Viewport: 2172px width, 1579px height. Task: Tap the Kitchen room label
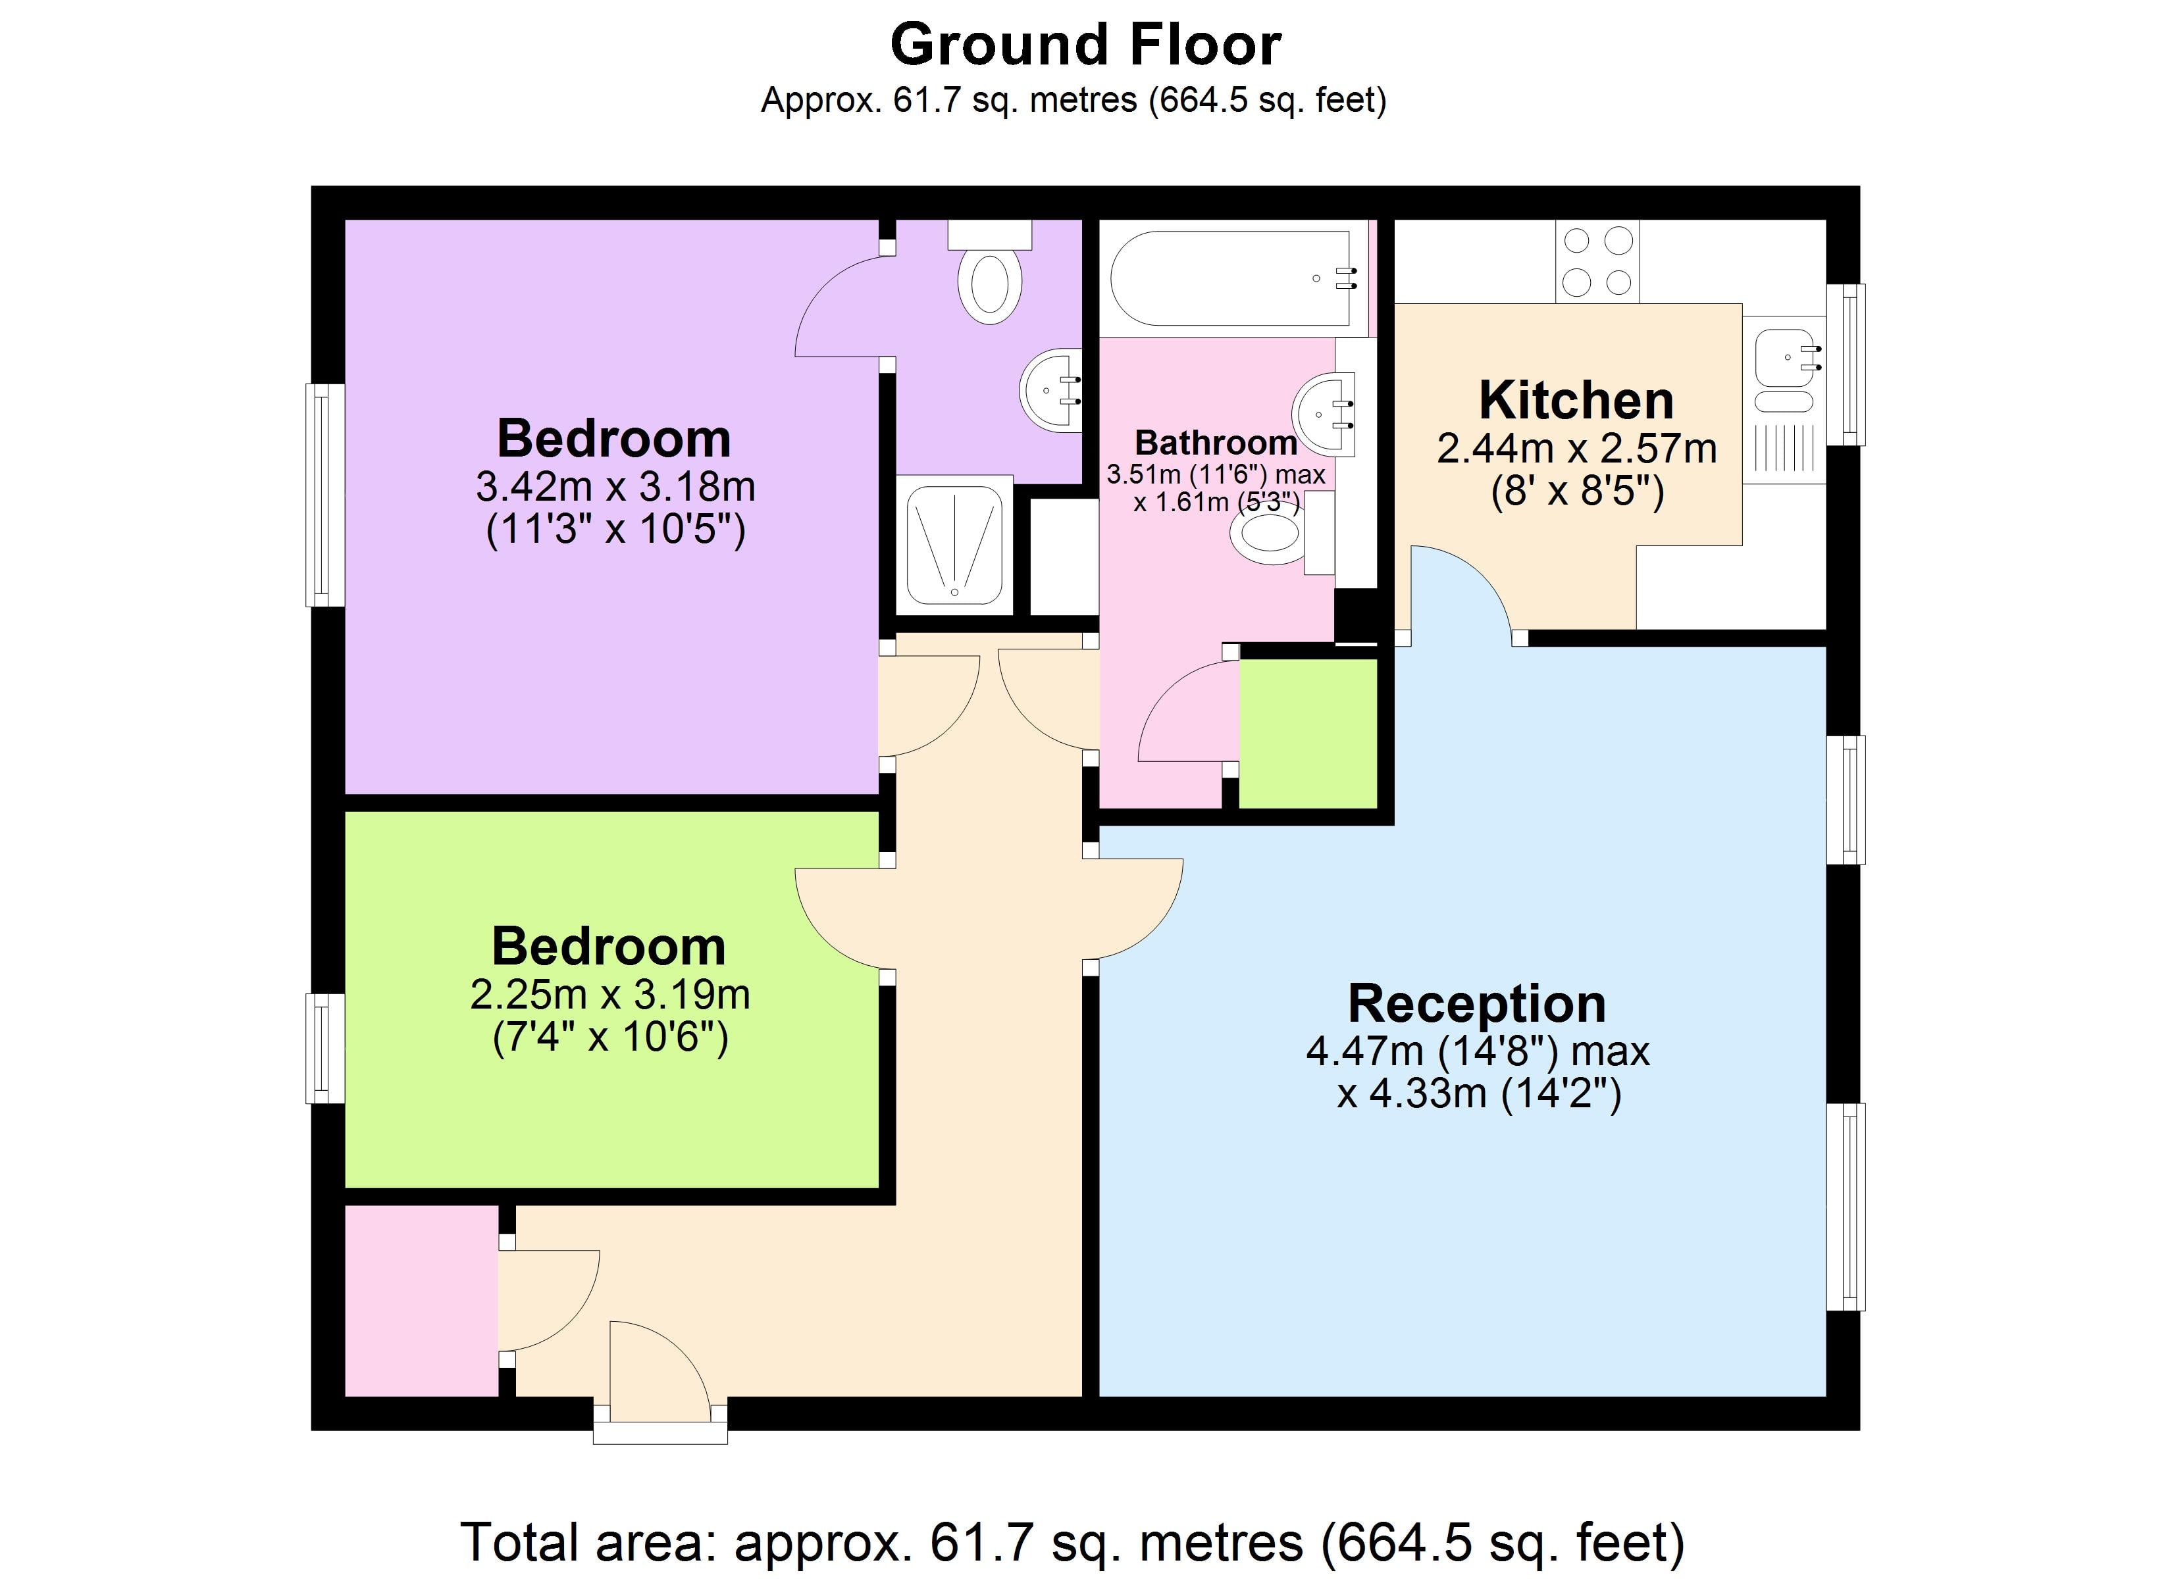pyautogui.click(x=1576, y=400)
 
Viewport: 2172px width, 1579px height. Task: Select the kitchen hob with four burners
pyautogui.click(x=1597, y=261)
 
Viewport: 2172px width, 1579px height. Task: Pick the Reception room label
pyautogui.click(x=1477, y=1003)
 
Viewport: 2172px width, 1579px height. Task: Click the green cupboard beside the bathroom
pyautogui.click(x=1308, y=732)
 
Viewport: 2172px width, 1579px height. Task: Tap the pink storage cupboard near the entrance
pyautogui.click(x=421, y=1299)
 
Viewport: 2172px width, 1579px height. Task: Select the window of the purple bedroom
pyautogui.click(x=324, y=495)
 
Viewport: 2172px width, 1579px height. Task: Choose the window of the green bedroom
pyautogui.click(x=324, y=1049)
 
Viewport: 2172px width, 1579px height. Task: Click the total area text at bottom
pyautogui.click(x=1073, y=1541)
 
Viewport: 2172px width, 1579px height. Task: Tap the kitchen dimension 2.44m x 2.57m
pyautogui.click(x=1576, y=449)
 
